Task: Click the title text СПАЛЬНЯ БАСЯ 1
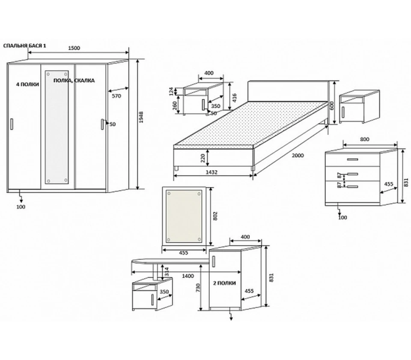tap(25, 46)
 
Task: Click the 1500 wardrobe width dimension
tap(74, 48)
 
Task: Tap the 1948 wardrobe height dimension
tap(141, 117)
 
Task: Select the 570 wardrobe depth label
tap(116, 96)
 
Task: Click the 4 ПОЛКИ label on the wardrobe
tap(27, 84)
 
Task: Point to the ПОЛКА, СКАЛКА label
tap(74, 81)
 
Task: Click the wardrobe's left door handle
tap(12, 124)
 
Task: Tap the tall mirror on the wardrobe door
tap(57, 127)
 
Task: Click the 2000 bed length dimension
tap(298, 155)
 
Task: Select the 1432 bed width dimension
tap(211, 172)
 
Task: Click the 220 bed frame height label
tap(203, 158)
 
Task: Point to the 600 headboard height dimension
tap(332, 105)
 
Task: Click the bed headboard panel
tap(288, 91)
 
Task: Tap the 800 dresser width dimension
tap(365, 139)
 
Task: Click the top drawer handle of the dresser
tap(352, 159)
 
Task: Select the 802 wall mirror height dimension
tap(215, 216)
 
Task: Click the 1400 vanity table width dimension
tap(188, 276)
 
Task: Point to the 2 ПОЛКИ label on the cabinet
tap(224, 283)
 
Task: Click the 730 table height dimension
tap(198, 288)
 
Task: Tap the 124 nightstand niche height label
tap(171, 91)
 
